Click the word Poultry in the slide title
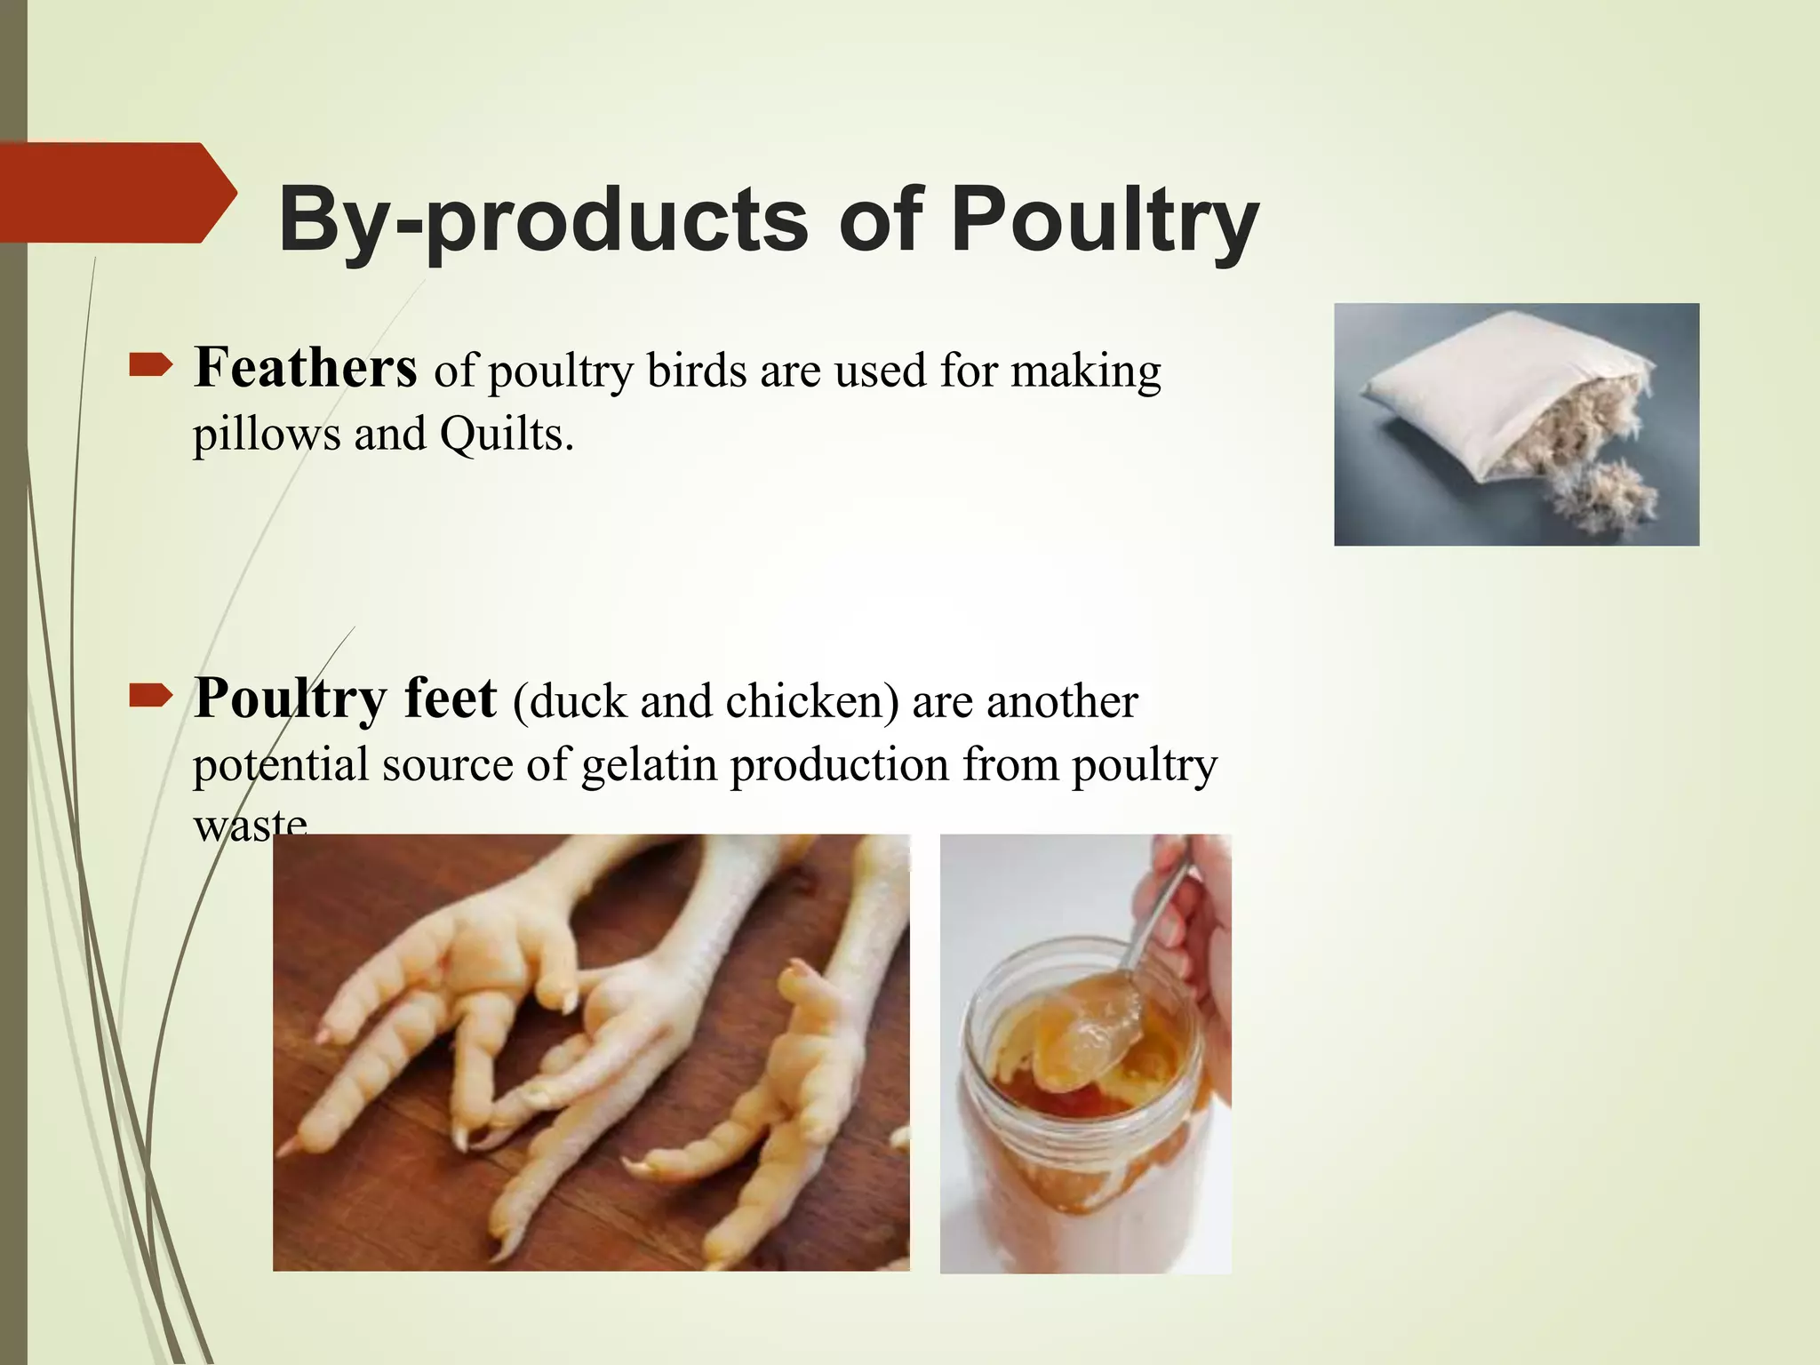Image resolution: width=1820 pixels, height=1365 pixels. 1105,220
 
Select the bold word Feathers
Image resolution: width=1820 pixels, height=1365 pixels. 305,368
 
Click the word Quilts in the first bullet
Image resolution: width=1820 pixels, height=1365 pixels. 506,435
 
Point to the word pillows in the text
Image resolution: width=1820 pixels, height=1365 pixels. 266,435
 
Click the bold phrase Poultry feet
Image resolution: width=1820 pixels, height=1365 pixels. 345,698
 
